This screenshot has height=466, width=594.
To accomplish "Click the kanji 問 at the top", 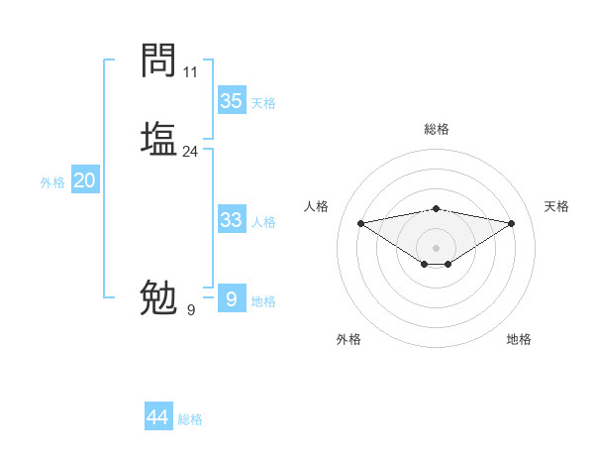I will pos(159,60).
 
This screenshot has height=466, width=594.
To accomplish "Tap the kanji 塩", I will pos(159,138).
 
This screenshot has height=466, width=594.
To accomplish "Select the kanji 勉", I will pos(159,296).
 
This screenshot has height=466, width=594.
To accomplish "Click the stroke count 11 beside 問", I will pos(191,72).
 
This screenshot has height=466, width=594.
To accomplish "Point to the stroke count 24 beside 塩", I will pos(191,152).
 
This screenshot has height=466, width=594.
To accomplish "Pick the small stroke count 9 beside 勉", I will pos(191,310).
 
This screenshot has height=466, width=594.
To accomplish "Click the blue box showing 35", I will pos(232,100).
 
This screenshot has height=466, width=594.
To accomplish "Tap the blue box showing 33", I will pos(232,220).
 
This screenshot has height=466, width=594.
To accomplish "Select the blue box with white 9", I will pos(232,299).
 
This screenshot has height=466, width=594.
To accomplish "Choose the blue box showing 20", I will pos(85,180).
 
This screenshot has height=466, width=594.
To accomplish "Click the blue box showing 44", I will pos(158,417).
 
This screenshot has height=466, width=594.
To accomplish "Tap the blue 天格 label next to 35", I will pos(263,103).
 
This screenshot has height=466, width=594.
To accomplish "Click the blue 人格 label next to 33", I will pos(263,222).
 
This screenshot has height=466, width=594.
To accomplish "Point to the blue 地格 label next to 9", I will pos(263,301).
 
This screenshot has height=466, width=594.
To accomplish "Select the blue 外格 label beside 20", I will pos(52,182).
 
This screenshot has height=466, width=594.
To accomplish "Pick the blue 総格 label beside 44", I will pos(190,420).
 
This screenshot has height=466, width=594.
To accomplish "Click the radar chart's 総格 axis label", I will pos(437,129).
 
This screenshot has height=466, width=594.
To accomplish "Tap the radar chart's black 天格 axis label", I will pos(556,206).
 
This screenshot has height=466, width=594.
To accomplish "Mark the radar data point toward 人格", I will pos(360,223).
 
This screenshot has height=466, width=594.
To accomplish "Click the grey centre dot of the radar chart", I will pos(437,247).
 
